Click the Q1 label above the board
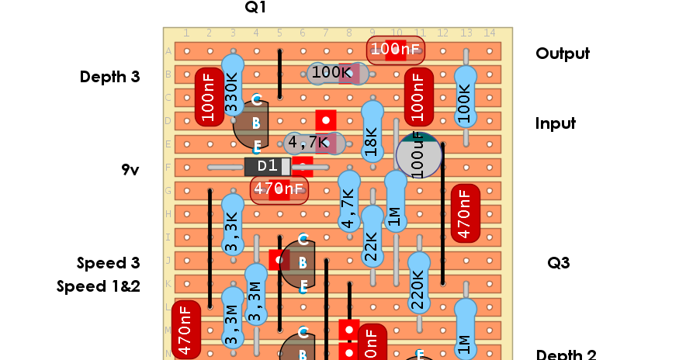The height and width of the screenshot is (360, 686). (255, 8)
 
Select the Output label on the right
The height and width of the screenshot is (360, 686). (562, 54)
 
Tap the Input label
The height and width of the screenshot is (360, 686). (555, 123)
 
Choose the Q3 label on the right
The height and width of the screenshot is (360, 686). (558, 263)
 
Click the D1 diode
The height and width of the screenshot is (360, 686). (268, 167)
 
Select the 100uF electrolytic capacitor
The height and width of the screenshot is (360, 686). (419, 154)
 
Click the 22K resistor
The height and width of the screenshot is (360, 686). (372, 246)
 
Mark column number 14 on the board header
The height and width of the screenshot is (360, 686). (489, 33)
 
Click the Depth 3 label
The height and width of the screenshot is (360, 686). (109, 77)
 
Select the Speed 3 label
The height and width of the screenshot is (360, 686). (108, 263)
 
